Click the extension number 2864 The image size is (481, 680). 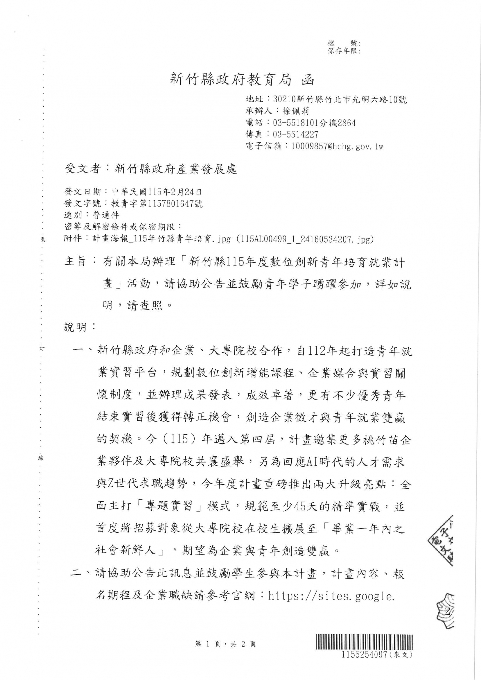click(346, 123)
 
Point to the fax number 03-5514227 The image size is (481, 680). click(296, 135)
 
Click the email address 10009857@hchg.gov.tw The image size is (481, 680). click(337, 146)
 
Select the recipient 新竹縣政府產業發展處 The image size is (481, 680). click(176, 169)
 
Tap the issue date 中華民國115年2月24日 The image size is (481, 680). click(157, 192)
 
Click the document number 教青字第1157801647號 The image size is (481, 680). click(157, 204)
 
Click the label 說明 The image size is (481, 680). click(75, 327)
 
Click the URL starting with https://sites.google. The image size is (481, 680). click(331, 596)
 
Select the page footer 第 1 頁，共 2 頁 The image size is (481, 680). click(225, 644)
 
